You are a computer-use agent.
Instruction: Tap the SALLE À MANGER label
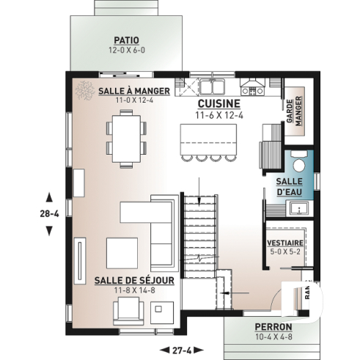point(133,91)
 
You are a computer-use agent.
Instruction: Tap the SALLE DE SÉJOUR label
point(133,280)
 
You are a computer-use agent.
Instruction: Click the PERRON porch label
point(273,326)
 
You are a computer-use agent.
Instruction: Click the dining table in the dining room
point(128,138)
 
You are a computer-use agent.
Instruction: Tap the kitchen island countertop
point(210,138)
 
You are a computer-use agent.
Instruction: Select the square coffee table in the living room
point(122,252)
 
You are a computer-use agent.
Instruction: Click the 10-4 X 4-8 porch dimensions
point(273,338)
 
